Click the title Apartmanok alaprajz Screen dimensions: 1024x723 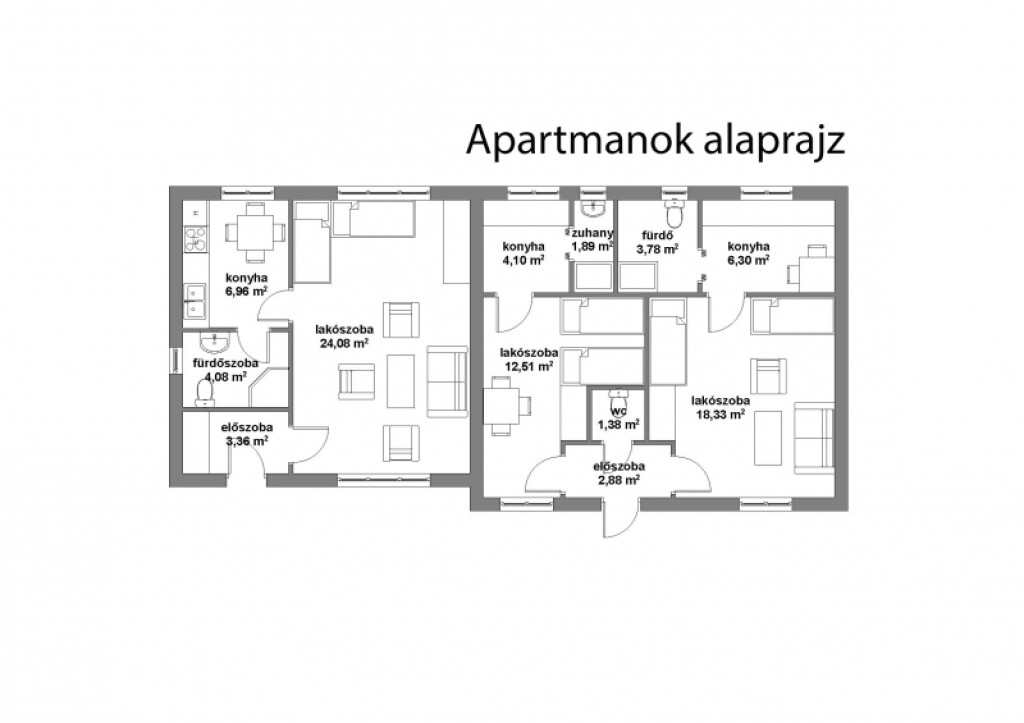coord(656,140)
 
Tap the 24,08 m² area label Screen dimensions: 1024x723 coord(344,344)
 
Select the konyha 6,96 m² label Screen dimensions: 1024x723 coord(247,285)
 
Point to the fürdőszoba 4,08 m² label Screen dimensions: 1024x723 coord(225,370)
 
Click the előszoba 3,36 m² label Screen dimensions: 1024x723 coord(247,434)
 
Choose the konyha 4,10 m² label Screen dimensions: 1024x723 coord(524,253)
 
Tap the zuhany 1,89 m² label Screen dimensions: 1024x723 coord(592,239)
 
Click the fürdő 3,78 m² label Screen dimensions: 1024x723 coord(658,242)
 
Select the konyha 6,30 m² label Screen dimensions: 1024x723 coord(748,253)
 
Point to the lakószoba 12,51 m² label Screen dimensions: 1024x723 coord(529,359)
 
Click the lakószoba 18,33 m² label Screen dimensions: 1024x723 coord(721,407)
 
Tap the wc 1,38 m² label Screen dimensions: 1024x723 coord(618,419)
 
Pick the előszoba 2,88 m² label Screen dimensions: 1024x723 coord(618,473)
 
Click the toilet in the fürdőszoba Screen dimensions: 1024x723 coord(205,393)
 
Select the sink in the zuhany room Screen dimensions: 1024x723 coord(594,208)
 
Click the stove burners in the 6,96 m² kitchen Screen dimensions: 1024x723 coord(195,238)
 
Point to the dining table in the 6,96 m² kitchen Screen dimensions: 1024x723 coord(255,232)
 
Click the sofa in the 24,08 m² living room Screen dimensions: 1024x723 coord(447,381)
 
